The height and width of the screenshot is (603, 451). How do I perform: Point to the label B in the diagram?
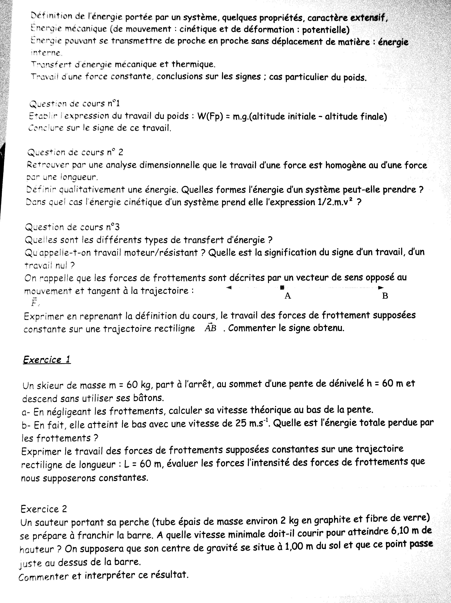pos(385,296)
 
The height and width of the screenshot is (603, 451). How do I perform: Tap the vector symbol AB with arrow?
pos(211,328)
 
